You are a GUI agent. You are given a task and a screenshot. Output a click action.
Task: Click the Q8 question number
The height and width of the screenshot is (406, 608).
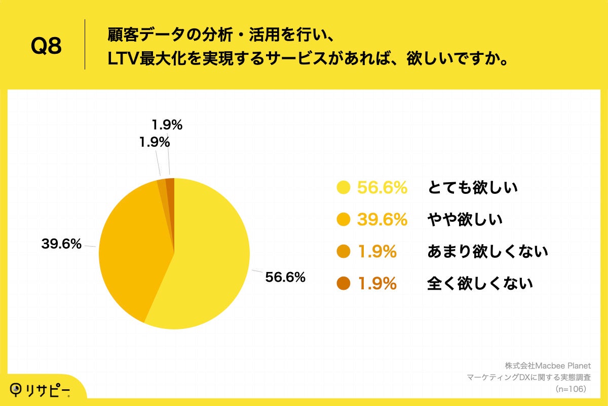click(46, 46)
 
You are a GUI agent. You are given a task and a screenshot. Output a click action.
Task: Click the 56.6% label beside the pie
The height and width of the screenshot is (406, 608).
click(285, 277)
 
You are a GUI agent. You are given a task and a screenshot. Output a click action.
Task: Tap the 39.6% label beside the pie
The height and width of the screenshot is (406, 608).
click(61, 244)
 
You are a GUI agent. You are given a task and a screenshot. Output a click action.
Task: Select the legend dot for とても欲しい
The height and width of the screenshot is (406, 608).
click(344, 188)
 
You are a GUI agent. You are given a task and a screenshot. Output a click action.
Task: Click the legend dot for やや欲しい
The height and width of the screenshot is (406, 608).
click(344, 220)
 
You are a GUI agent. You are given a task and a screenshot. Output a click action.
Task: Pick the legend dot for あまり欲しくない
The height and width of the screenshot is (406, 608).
click(344, 252)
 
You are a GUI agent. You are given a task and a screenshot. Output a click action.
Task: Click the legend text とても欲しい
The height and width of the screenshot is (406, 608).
click(472, 188)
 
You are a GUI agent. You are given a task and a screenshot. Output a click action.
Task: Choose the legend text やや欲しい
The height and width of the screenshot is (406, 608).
click(465, 220)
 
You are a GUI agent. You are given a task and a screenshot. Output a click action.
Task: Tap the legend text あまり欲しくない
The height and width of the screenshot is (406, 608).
click(487, 252)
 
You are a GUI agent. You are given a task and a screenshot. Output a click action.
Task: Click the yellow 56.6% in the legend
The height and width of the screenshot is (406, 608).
click(383, 188)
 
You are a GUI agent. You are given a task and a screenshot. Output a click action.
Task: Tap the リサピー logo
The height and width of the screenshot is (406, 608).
click(41, 389)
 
